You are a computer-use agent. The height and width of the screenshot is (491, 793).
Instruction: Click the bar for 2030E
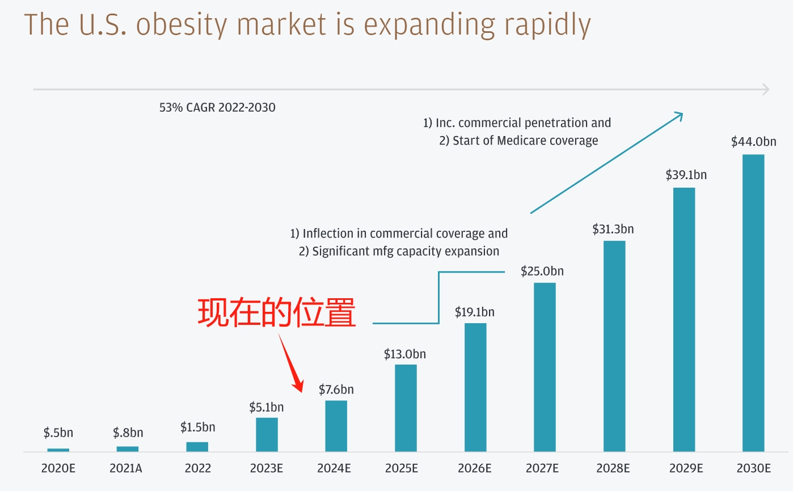point(753,303)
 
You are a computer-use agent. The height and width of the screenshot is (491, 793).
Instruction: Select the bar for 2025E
point(406,408)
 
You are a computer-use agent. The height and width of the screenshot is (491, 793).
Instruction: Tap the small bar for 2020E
point(58,450)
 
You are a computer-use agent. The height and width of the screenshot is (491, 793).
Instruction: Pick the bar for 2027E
point(545,367)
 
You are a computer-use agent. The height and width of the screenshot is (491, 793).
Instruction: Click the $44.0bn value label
point(753,142)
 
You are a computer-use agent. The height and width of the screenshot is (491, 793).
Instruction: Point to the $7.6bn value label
point(336,390)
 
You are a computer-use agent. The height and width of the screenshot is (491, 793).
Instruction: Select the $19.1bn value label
point(475,312)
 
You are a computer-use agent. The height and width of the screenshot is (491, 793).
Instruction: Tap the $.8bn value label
point(128,433)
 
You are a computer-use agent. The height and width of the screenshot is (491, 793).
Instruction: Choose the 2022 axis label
point(197,468)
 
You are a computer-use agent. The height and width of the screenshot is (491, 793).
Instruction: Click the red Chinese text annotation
point(277,313)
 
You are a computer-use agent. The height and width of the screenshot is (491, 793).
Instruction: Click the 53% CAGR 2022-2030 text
point(217,107)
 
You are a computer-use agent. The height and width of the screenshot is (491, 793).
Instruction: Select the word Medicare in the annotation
point(521,141)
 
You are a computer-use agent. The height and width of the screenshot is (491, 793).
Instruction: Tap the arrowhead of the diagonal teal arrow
point(680,115)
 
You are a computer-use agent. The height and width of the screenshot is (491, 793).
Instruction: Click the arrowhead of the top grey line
point(766,89)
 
